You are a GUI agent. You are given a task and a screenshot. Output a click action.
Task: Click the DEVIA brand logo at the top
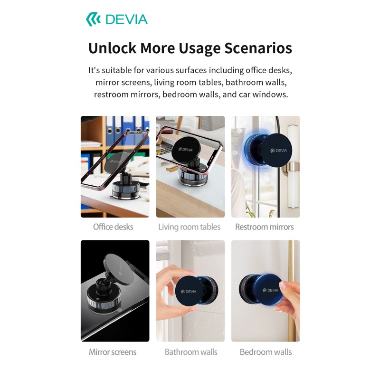(117, 19)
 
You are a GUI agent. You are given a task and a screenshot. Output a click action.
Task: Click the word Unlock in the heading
(112, 48)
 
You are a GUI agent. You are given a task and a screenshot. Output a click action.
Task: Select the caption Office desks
(113, 227)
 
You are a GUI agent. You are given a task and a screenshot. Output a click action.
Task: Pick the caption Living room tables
(189, 227)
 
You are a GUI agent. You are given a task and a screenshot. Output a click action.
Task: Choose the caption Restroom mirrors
(265, 227)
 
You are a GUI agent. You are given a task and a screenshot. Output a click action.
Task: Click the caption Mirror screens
(113, 352)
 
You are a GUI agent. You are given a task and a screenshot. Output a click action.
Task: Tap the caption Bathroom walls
(191, 352)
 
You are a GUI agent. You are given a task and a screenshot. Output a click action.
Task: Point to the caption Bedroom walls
(266, 352)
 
